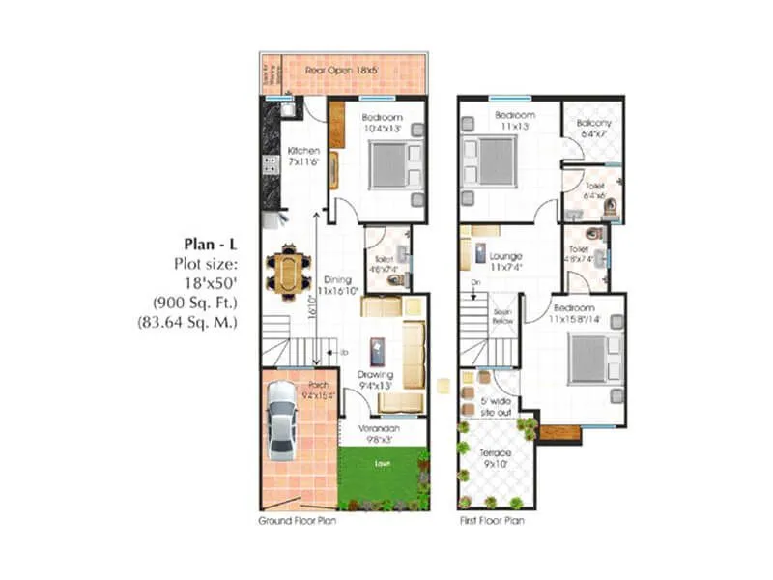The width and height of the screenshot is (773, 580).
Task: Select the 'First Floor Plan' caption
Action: (x=492, y=520)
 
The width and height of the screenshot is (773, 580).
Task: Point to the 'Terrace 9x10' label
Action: (x=496, y=457)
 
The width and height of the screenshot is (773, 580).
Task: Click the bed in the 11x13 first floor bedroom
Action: (x=491, y=159)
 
